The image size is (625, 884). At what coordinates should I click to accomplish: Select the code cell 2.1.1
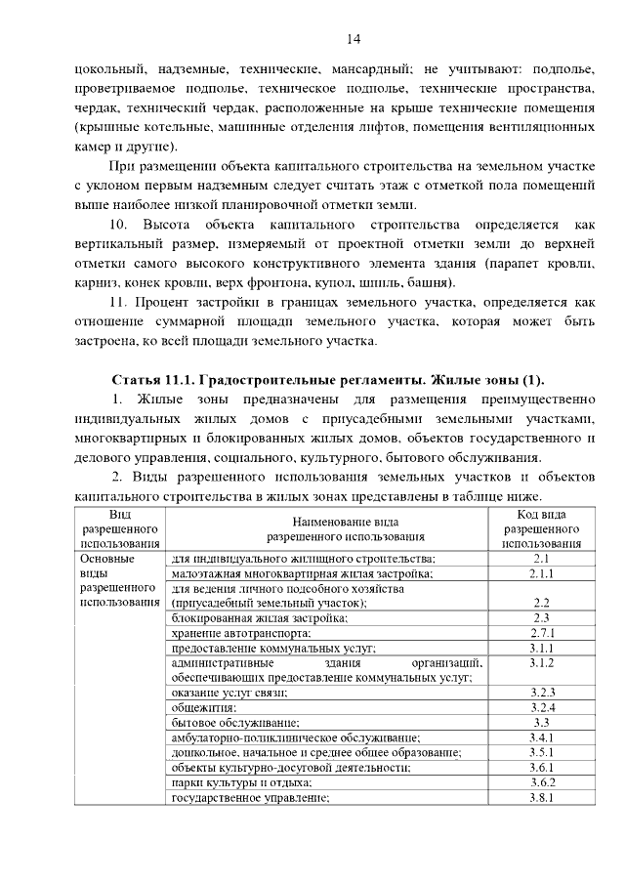(x=543, y=574)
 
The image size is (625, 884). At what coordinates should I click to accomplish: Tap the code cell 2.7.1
(x=543, y=633)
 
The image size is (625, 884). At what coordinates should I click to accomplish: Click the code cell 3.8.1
(x=543, y=797)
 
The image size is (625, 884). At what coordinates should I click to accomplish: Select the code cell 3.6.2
(x=543, y=782)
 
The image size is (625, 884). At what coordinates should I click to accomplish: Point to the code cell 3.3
(x=543, y=722)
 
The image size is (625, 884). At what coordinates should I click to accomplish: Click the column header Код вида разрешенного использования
(x=543, y=528)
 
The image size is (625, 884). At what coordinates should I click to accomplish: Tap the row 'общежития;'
(x=203, y=707)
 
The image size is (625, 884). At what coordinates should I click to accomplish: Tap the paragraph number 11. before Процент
(x=122, y=304)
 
